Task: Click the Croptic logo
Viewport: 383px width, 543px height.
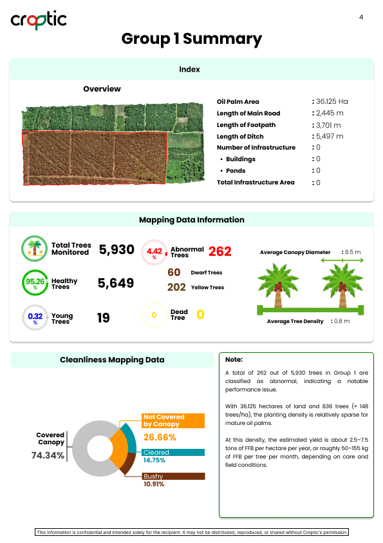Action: [x=39, y=20]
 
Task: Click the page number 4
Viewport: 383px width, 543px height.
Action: [x=361, y=17]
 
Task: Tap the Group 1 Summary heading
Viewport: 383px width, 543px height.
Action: [x=192, y=39]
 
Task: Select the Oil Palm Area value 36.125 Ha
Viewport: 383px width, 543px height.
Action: [x=332, y=102]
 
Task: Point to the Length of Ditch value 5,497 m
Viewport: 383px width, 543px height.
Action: [x=329, y=137]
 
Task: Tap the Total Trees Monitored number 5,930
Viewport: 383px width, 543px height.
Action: [x=117, y=250]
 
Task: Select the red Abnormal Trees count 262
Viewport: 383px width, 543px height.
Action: [x=220, y=252]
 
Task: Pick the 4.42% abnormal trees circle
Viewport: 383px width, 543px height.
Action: [x=154, y=252]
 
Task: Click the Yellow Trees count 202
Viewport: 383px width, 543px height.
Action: [x=176, y=287]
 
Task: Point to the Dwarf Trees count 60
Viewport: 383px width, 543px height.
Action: [x=174, y=272]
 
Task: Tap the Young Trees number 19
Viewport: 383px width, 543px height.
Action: [x=103, y=317]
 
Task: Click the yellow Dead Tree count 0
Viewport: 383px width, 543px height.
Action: [x=200, y=315]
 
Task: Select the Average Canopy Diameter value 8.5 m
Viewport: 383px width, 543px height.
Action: [x=353, y=252]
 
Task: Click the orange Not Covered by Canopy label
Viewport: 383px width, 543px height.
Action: [x=173, y=420]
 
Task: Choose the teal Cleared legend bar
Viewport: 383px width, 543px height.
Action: [x=173, y=452]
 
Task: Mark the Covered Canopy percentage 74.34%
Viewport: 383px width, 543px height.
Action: [x=48, y=455]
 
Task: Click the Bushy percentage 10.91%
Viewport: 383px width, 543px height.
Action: [x=154, y=484]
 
